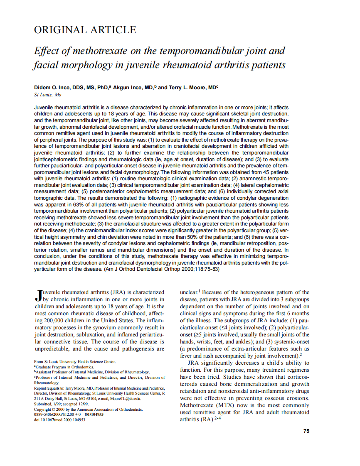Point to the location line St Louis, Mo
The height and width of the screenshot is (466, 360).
[x=47, y=95]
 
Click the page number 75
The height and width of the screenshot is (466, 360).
[x=306, y=431]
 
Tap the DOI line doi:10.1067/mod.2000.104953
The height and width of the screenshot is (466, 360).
[x=59, y=419]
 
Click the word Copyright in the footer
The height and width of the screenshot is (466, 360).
[x=43, y=409]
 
